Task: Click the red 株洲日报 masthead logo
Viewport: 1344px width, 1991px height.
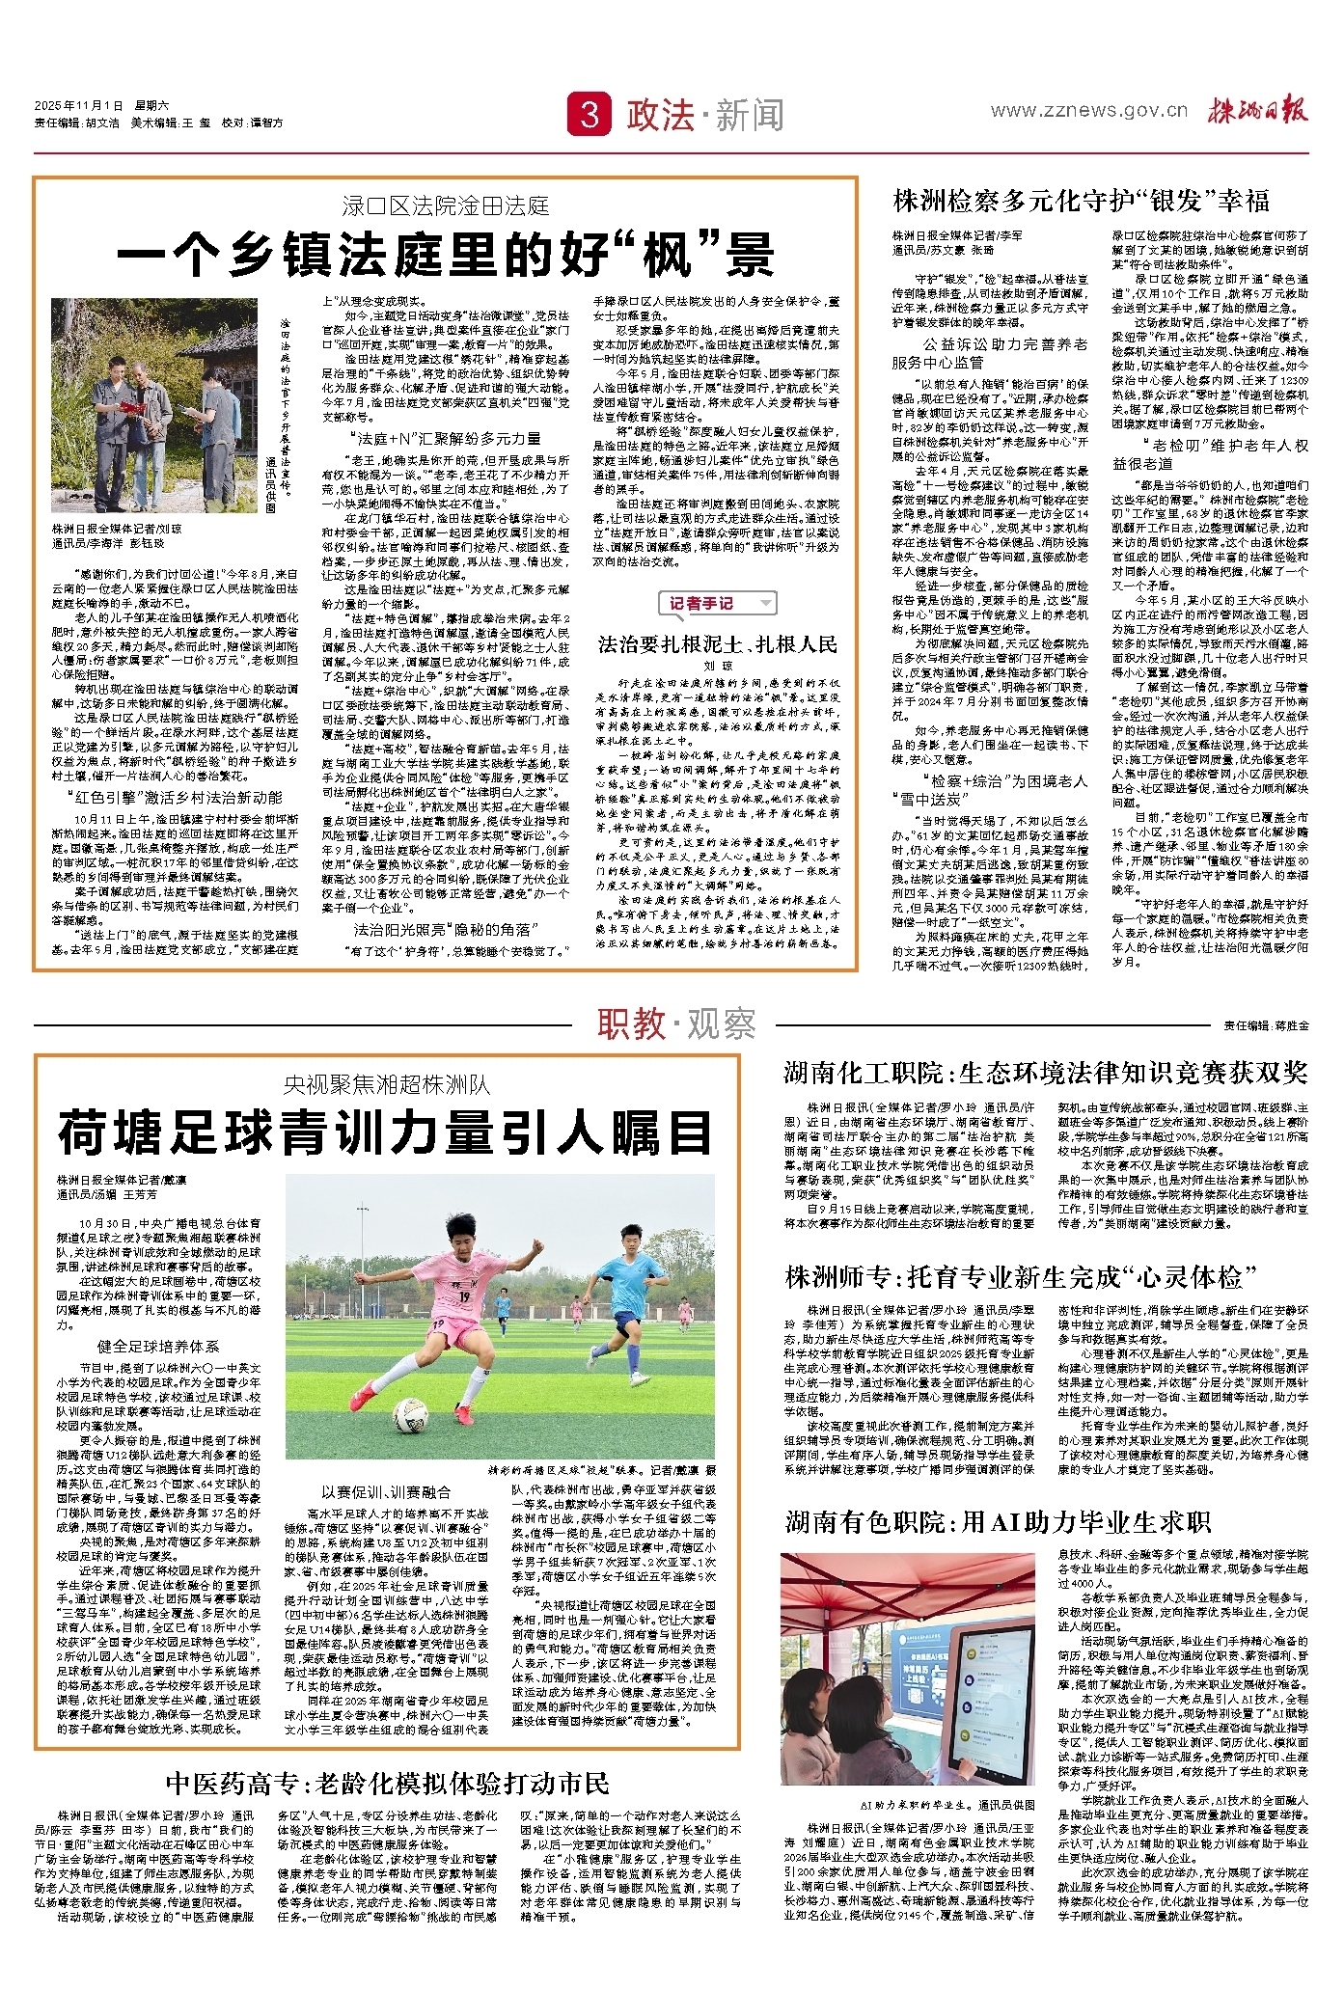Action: coord(1258,111)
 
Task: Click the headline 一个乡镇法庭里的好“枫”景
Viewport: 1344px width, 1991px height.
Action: coord(445,256)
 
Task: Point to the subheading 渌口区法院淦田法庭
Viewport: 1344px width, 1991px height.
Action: coord(445,205)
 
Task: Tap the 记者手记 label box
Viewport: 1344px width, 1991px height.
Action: coord(717,604)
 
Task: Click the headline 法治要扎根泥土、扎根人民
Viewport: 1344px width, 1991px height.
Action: coord(717,644)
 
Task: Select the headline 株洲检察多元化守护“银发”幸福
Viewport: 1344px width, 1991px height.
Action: coord(1081,202)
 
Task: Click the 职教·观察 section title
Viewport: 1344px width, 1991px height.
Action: coord(675,1023)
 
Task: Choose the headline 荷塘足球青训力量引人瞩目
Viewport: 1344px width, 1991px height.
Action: coord(386,1132)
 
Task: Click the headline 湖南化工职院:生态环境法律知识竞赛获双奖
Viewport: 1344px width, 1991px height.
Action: coord(1046,1073)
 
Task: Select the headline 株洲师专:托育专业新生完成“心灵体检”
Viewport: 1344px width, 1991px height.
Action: coord(1022,1278)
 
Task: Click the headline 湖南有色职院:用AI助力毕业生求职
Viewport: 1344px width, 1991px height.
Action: coord(998,1522)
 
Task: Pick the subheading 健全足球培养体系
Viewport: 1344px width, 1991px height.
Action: coord(157,1347)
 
